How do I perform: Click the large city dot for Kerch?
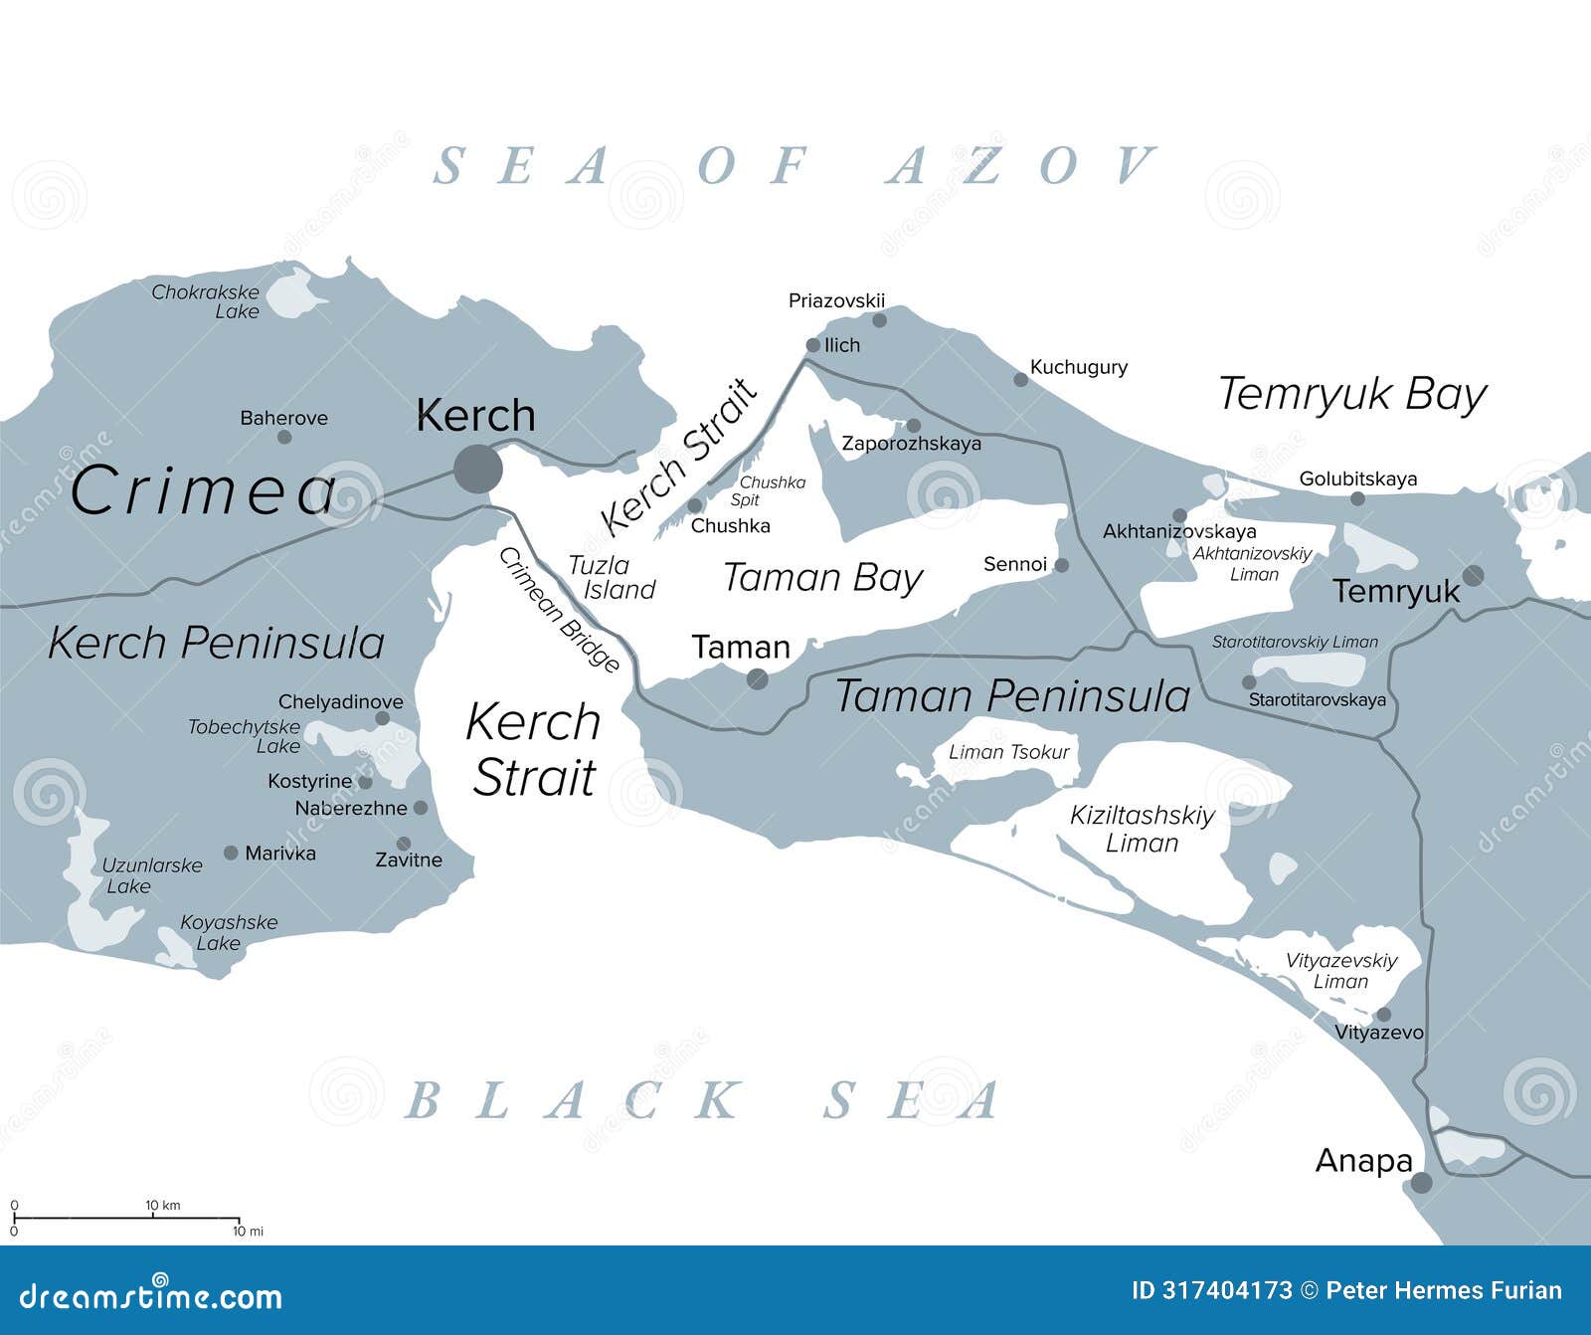tap(478, 468)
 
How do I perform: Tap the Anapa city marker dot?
tap(1422, 1183)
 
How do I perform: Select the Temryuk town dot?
tap(1473, 575)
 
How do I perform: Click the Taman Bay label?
tap(822, 578)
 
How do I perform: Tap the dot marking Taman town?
tap(758, 679)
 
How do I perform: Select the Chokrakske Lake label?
tap(206, 301)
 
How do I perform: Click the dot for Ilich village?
tap(812, 345)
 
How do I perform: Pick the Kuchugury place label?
tap(1078, 367)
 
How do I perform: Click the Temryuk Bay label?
tap(1351, 395)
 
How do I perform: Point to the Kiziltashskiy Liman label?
tap(1143, 829)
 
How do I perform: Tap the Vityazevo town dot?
tap(1383, 1015)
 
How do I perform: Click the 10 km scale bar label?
tap(163, 1206)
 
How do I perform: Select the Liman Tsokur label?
tap(1008, 752)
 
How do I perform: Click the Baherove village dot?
tap(284, 437)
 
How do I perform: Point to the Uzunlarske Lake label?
tap(151, 875)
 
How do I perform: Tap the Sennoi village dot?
tap(1061, 565)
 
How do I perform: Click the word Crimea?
tap(204, 491)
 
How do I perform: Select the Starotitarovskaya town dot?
tap(1249, 682)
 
